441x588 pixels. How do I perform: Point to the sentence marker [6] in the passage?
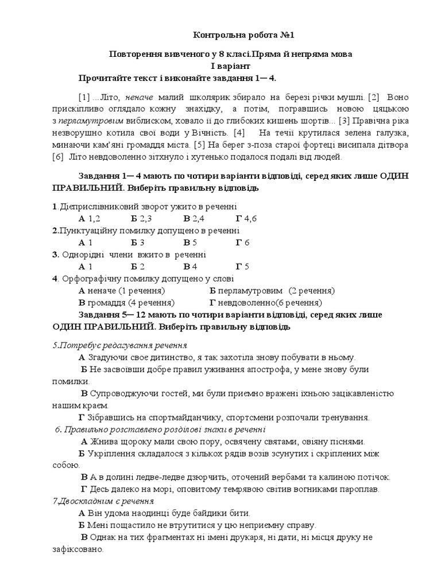(58, 156)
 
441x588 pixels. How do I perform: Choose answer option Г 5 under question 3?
(242, 266)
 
